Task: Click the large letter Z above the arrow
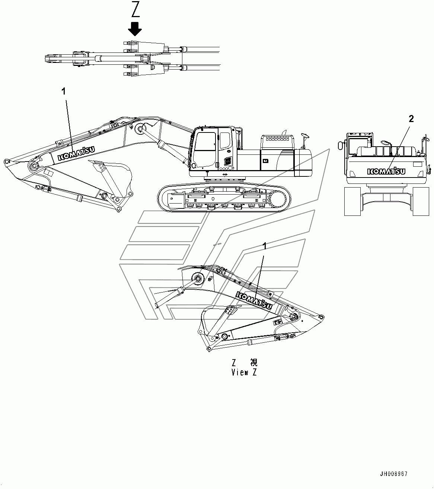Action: click(x=135, y=9)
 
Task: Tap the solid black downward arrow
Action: click(x=135, y=29)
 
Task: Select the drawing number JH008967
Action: click(x=394, y=474)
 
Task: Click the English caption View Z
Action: click(x=244, y=372)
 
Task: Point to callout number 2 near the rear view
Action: click(x=411, y=118)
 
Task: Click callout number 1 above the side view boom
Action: click(x=64, y=91)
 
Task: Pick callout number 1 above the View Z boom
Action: click(x=265, y=246)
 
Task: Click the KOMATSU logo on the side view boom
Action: click(x=76, y=153)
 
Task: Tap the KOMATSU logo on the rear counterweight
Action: click(x=386, y=171)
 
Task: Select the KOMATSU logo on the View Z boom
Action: click(x=254, y=300)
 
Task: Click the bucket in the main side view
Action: click(x=114, y=179)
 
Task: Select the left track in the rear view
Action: click(x=352, y=201)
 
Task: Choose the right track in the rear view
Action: click(x=421, y=201)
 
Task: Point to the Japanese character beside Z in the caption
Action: click(x=254, y=362)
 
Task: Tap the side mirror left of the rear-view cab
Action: click(x=340, y=145)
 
